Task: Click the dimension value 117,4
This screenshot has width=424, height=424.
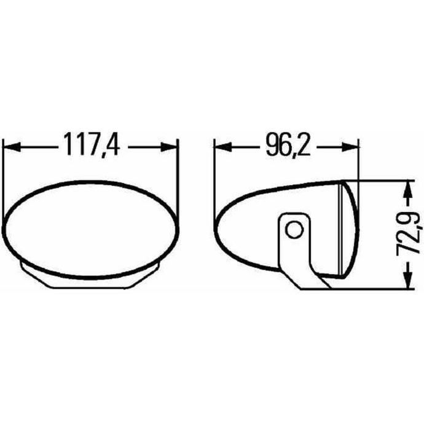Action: click(92, 144)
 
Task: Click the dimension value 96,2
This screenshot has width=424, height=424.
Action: click(288, 145)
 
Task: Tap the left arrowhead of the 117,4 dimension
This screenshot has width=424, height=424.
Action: click(12, 147)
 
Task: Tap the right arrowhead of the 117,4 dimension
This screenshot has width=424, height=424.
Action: click(169, 147)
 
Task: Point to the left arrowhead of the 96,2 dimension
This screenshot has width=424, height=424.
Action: click(223, 147)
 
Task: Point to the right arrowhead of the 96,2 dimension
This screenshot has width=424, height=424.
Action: click(350, 147)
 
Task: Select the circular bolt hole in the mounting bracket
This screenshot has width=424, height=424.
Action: click(294, 230)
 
